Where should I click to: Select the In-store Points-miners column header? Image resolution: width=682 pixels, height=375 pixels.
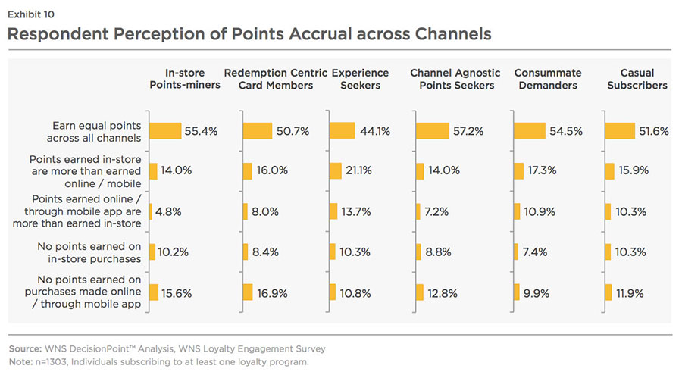click(185, 79)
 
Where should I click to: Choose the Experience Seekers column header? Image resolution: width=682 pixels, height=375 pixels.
click(361, 79)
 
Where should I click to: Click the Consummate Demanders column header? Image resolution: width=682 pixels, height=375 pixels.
click(548, 79)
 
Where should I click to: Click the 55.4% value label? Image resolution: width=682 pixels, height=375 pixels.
click(201, 131)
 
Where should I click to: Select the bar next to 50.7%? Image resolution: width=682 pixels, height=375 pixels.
click(257, 131)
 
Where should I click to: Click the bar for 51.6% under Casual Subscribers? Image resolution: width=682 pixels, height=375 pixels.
click(619, 131)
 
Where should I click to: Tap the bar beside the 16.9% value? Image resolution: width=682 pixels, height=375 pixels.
click(247, 292)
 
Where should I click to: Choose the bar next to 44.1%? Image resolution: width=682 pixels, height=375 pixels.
click(342, 131)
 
